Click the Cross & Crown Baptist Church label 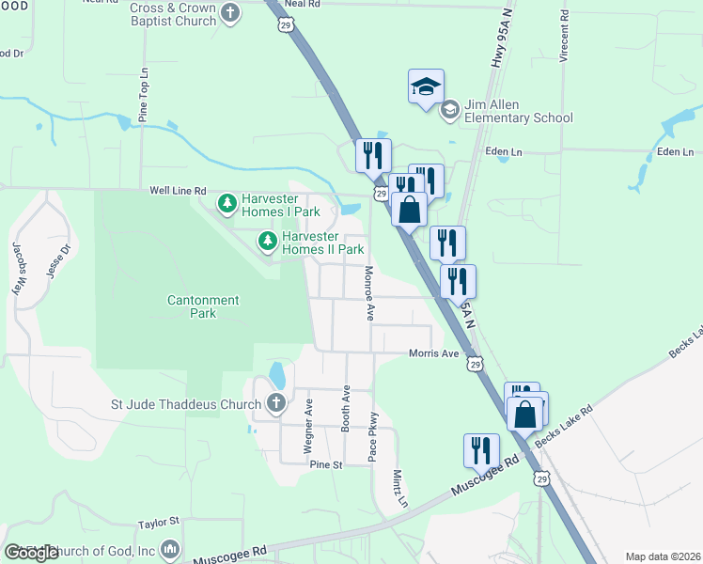pos(173,14)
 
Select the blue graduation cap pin pos(426,87)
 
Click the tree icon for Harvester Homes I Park pos(227,203)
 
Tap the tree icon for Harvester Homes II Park pos(269,243)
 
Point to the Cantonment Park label pos(203,306)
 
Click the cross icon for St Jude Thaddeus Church pos(275,404)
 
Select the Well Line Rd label pos(178,191)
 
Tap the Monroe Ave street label pos(369,293)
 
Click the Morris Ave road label pos(433,353)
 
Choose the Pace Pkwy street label pos(373,436)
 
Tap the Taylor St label pos(158,522)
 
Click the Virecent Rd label pos(564,38)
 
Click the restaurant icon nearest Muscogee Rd pos(481,450)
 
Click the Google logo pos(31,553)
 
